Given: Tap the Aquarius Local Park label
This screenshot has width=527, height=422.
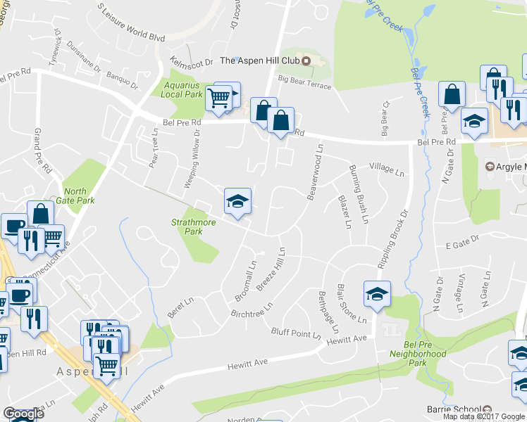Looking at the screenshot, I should click(182, 89).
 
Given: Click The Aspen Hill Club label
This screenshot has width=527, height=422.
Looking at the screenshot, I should click(260, 60).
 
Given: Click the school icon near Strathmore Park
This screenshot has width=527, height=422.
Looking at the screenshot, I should click(237, 202).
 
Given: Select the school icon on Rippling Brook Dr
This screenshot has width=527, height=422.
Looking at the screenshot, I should click(377, 294).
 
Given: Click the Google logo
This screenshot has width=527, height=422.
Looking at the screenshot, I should click(23, 414).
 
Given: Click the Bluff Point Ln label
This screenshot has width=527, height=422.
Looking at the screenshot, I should click(296, 333).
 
